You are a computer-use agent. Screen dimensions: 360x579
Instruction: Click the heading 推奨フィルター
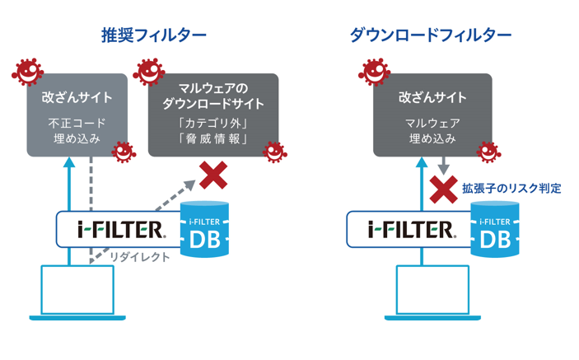(153, 35)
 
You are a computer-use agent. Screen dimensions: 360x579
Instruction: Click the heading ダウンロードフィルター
(431, 35)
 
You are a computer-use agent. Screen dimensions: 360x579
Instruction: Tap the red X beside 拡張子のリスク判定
(444, 189)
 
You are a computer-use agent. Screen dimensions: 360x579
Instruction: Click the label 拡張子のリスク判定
(511, 189)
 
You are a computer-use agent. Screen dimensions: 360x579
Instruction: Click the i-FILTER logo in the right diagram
(410, 228)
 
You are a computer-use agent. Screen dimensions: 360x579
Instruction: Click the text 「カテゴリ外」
(212, 123)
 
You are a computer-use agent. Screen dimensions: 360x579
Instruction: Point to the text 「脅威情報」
(212, 138)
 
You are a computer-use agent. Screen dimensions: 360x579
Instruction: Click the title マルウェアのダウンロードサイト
(212, 96)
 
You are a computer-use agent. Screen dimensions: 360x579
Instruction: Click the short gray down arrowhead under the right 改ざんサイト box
(443, 168)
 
